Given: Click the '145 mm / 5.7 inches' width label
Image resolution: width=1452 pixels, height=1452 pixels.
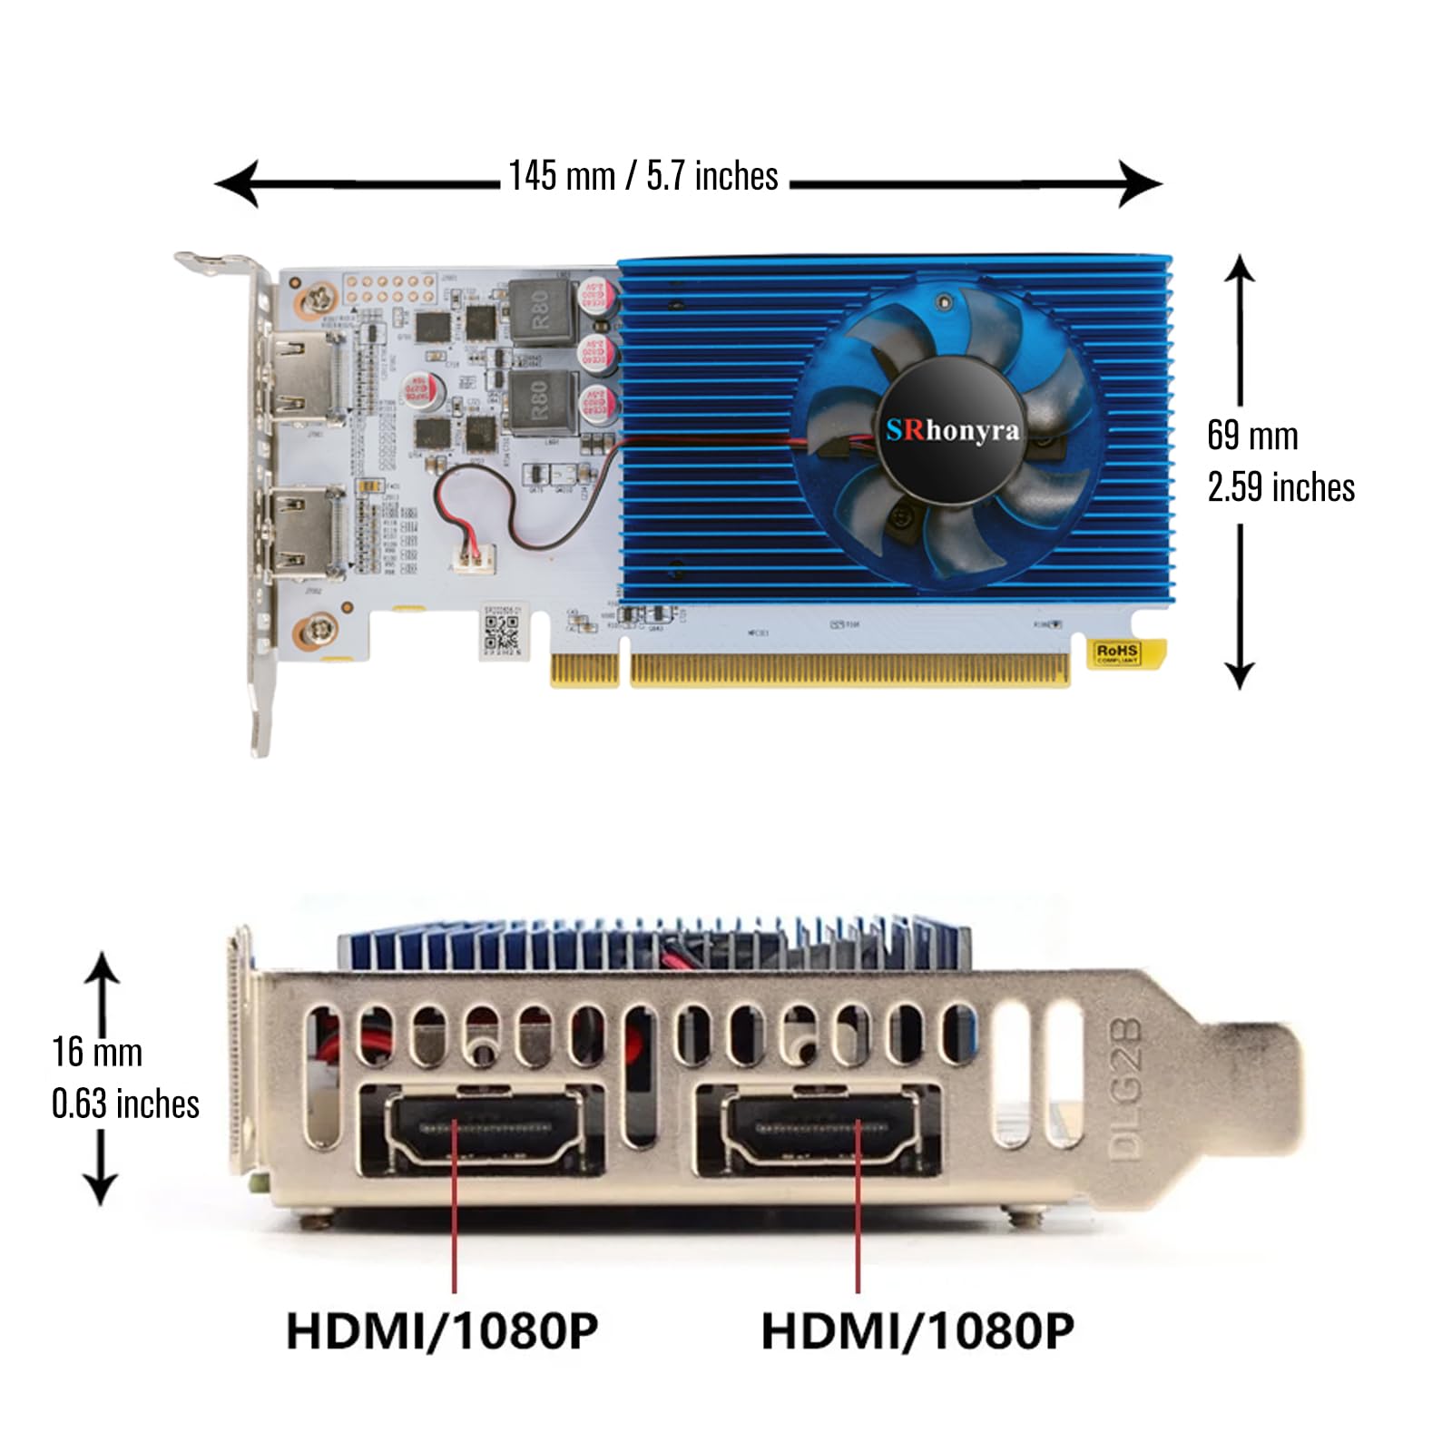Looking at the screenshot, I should pos(643,176).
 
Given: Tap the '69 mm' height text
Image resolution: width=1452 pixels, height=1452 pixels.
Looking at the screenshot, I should pos(1252,436).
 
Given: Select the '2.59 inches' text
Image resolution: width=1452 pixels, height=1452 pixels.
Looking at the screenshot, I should pos(1280,487).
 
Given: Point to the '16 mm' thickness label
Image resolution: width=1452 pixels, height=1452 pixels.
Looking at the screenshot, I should pos(97,1053).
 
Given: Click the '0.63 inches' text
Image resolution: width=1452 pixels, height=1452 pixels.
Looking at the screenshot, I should pos(125,1104).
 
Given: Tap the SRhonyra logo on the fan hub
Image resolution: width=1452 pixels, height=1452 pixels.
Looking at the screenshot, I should pos(952,430).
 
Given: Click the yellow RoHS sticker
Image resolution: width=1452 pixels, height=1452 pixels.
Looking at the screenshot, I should pos(1117,652).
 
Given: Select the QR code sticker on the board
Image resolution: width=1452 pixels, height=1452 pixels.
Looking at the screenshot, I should pos(501,633).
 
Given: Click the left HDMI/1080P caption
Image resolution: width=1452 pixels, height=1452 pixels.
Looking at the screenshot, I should pos(442,1331).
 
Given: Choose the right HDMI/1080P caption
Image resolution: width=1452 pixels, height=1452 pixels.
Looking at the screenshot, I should pos(917,1331).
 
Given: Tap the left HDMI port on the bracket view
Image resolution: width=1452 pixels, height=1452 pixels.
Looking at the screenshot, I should pos(484,1130).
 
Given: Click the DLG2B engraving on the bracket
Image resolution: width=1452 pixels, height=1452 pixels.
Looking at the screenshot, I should pos(1126,1089).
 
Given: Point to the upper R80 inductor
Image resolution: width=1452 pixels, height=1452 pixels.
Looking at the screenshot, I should pos(541,309).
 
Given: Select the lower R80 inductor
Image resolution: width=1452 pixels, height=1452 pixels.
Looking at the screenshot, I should pos(541,400).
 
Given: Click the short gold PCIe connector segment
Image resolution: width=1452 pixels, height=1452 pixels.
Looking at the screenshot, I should pos(584,671).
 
